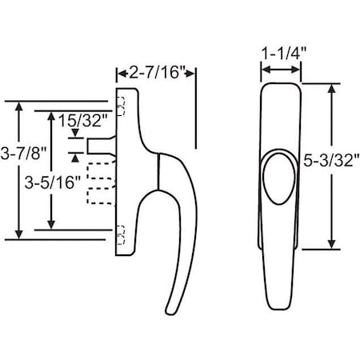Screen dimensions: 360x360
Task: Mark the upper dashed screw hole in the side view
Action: (122, 103)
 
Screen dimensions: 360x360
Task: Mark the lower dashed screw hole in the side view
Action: (122, 236)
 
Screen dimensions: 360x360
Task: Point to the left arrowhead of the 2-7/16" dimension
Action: (120, 73)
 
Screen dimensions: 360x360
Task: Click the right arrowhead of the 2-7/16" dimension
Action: (193, 73)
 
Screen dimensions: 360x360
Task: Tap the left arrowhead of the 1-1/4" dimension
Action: (263, 72)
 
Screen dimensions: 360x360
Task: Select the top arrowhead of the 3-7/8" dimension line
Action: (18, 105)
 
